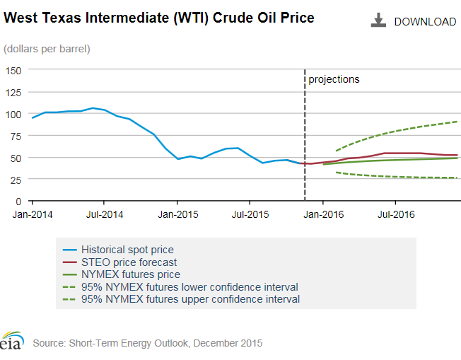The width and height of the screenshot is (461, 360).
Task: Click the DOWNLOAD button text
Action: click(x=425, y=22)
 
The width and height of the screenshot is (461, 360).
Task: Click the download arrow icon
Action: click(x=378, y=21)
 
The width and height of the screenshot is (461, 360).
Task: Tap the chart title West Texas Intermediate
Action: click(x=159, y=17)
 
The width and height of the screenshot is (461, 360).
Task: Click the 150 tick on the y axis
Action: click(x=14, y=70)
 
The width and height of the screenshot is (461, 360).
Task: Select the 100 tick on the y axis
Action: click(x=14, y=114)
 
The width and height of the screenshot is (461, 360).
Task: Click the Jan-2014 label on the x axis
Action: click(x=31, y=212)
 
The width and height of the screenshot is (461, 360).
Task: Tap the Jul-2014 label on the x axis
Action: click(x=104, y=212)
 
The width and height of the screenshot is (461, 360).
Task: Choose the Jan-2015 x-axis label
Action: click(x=177, y=212)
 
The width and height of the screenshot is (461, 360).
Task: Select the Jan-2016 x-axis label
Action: click(x=322, y=212)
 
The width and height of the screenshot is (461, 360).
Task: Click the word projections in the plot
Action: click(x=334, y=79)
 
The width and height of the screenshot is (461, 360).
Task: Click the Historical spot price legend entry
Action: click(x=127, y=250)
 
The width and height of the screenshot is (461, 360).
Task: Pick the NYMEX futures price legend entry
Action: click(x=130, y=274)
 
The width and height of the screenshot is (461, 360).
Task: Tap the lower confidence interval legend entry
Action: click(x=189, y=287)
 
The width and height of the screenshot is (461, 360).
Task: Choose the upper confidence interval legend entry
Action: click(x=189, y=299)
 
